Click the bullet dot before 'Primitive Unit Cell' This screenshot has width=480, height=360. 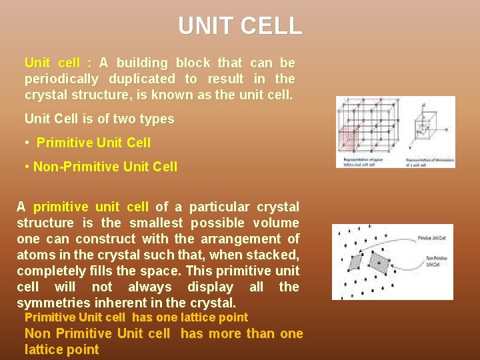(x=28, y=143)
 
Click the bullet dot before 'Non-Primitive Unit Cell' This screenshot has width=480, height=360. (x=28, y=167)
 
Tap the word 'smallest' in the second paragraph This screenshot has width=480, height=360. (x=158, y=223)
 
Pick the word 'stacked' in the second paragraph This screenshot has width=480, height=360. (x=275, y=255)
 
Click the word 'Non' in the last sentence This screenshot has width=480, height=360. (x=37, y=334)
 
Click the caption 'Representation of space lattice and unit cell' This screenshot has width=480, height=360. (x=364, y=162)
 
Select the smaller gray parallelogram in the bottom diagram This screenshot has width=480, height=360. (x=355, y=261)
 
